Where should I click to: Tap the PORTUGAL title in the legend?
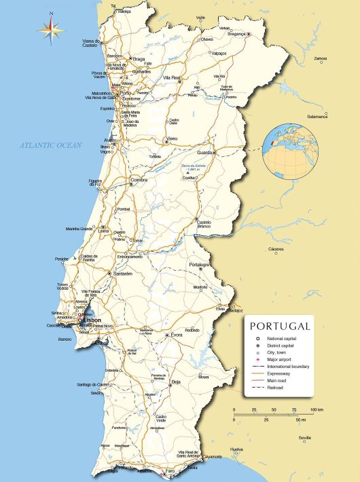279,326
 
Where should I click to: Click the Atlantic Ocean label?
50,145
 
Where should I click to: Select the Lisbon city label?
92,320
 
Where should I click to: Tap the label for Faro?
170,470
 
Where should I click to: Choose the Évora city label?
177,335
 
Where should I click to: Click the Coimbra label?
139,180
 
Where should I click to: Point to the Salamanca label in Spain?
317,116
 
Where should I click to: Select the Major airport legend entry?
289,360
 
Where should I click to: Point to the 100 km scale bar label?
317,410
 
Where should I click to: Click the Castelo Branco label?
204,224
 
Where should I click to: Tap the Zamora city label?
320,58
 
